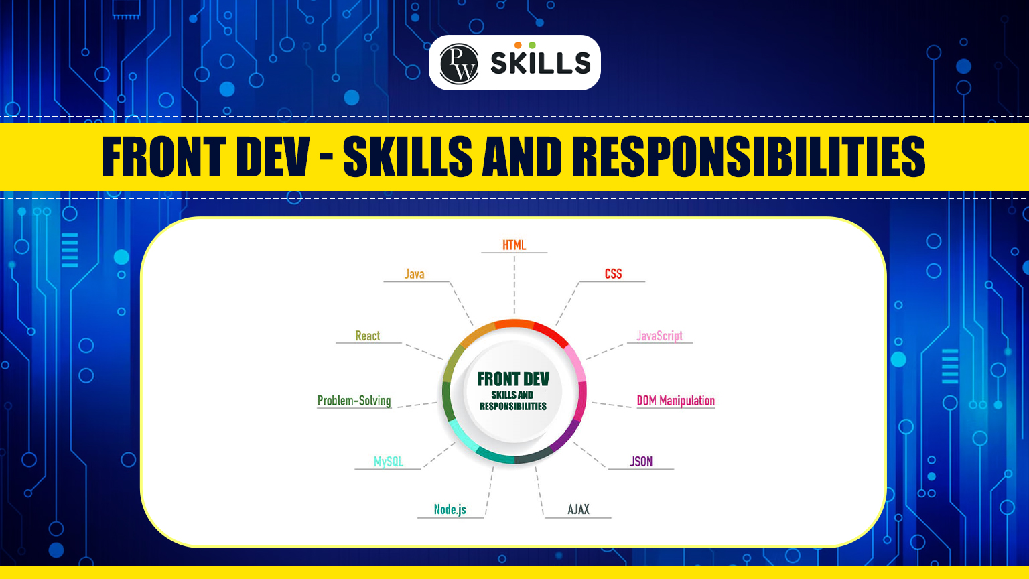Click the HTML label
point(514,245)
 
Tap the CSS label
point(613,274)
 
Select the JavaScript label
point(659,336)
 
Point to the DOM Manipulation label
point(675,401)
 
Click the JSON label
point(641,462)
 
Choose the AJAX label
point(578,509)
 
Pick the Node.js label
point(450,509)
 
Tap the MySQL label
point(389,462)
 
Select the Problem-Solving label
point(354,401)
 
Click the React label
point(368,336)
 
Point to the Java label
point(415,274)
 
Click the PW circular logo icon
point(459,63)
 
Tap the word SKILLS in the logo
point(540,63)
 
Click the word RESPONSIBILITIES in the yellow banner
point(748,157)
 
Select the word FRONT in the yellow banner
point(163,157)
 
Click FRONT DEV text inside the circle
point(513,379)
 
